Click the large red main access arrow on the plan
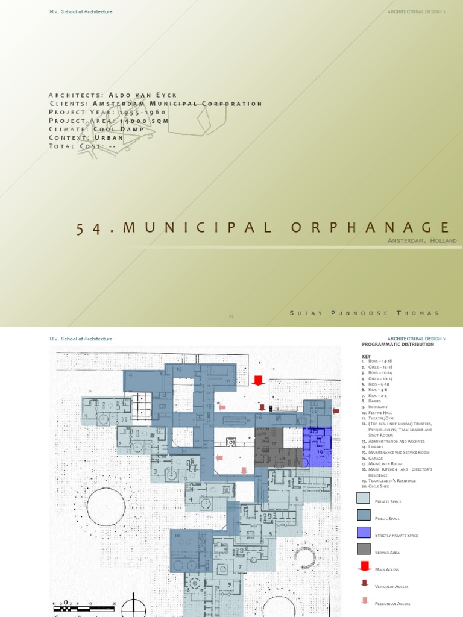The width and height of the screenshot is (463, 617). coord(259,380)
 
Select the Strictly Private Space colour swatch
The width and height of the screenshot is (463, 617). coord(363,532)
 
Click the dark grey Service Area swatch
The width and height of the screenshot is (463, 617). coord(363,549)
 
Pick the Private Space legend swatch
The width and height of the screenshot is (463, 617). coord(363,498)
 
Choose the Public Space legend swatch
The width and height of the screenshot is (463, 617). coord(363,515)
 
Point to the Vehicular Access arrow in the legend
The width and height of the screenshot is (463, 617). coord(364,583)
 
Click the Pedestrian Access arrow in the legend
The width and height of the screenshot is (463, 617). coord(364,600)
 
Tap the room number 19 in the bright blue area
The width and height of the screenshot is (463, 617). coord(319,451)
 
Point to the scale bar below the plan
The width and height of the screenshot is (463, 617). coord(84,605)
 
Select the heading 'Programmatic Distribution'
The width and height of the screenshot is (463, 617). coord(397,344)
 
